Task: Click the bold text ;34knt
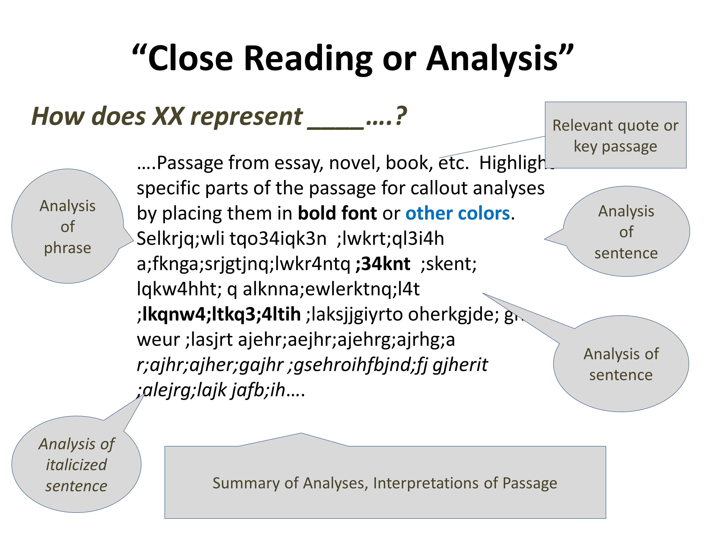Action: coord(383,264)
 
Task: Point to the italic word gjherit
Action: coord(460,365)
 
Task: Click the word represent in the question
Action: coord(246,116)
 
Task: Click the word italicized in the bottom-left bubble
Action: coord(76,465)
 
